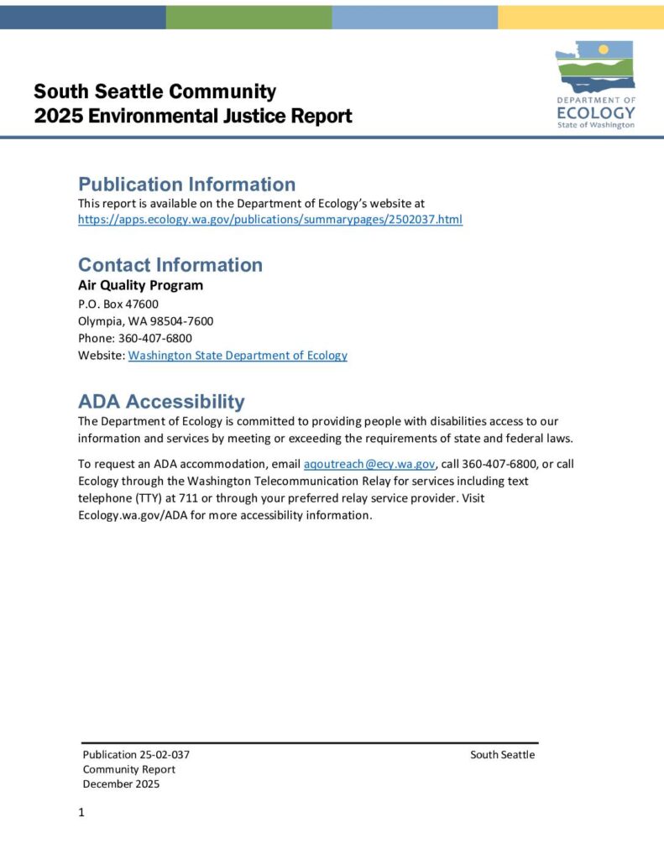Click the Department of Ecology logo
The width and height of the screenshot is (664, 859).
point(595,85)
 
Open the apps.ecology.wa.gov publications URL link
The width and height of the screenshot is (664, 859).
point(269,220)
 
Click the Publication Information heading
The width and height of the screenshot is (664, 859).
point(186,185)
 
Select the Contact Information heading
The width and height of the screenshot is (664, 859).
point(170,265)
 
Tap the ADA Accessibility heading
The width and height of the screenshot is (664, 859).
point(161,401)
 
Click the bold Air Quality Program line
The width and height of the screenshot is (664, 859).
point(140,285)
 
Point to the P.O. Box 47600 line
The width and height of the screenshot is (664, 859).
point(118,304)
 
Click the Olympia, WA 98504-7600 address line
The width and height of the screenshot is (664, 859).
point(145,321)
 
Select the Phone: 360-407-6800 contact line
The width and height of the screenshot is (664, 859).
point(135,338)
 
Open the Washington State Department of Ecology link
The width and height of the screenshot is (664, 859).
point(238,356)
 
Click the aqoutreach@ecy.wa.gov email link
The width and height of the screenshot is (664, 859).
point(369,464)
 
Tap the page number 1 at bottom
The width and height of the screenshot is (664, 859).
point(81,812)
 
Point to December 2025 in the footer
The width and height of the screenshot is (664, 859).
point(121,784)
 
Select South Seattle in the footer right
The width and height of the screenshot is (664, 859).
point(502,754)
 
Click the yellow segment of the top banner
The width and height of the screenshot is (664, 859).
point(580,15)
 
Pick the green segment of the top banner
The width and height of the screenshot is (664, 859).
point(248,15)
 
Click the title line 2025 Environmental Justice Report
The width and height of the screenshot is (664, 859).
point(193,117)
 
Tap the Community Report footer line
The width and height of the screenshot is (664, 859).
point(129,769)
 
